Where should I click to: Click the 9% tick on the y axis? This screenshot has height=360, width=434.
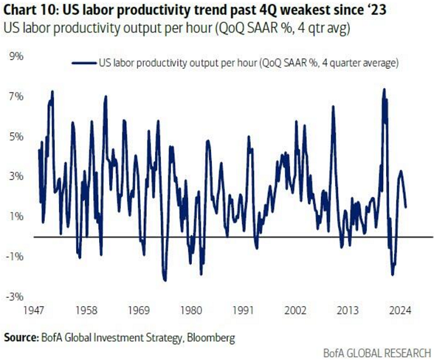point(14,57)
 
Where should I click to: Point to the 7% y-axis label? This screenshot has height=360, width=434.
point(14,96)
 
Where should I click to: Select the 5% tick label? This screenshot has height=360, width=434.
point(14,136)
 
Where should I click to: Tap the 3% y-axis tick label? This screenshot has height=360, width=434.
point(14,176)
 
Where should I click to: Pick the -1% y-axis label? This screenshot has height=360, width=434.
point(14,256)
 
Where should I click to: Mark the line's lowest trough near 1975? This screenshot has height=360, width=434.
point(165,280)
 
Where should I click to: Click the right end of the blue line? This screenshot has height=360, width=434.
point(406,207)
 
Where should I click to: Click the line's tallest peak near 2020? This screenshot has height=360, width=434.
point(384,90)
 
